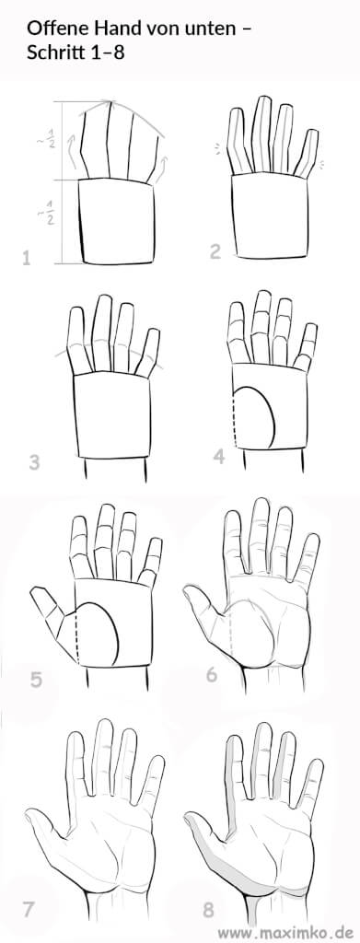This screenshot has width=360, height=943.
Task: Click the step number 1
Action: (x=27, y=259)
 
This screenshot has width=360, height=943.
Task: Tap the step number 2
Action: (x=215, y=250)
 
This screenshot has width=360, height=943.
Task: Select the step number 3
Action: (x=34, y=462)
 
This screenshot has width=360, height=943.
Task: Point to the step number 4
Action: (x=219, y=457)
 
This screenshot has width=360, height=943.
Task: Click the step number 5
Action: (x=36, y=681)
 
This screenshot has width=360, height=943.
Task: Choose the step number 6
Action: (x=212, y=675)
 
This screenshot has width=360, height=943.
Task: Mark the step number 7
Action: (x=29, y=909)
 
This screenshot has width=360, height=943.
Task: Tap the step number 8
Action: (x=208, y=910)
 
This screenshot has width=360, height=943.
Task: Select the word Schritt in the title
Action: (x=52, y=52)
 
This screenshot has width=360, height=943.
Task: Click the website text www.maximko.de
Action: (x=287, y=933)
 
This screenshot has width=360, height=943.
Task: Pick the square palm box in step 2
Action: (x=271, y=215)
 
